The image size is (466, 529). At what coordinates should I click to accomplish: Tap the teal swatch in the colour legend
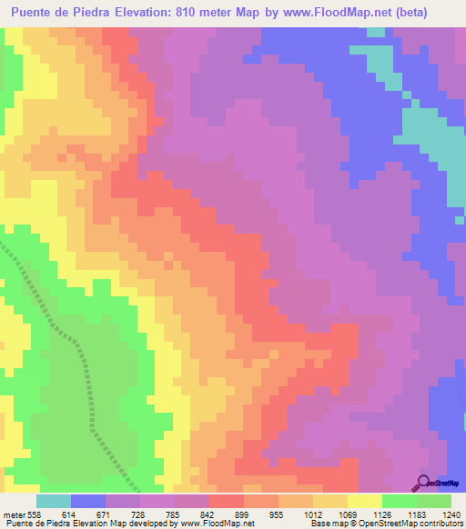(x=54, y=501)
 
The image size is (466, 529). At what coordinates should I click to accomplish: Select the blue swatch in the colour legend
(x=88, y=501)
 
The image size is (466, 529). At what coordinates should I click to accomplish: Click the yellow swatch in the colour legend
(x=365, y=501)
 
